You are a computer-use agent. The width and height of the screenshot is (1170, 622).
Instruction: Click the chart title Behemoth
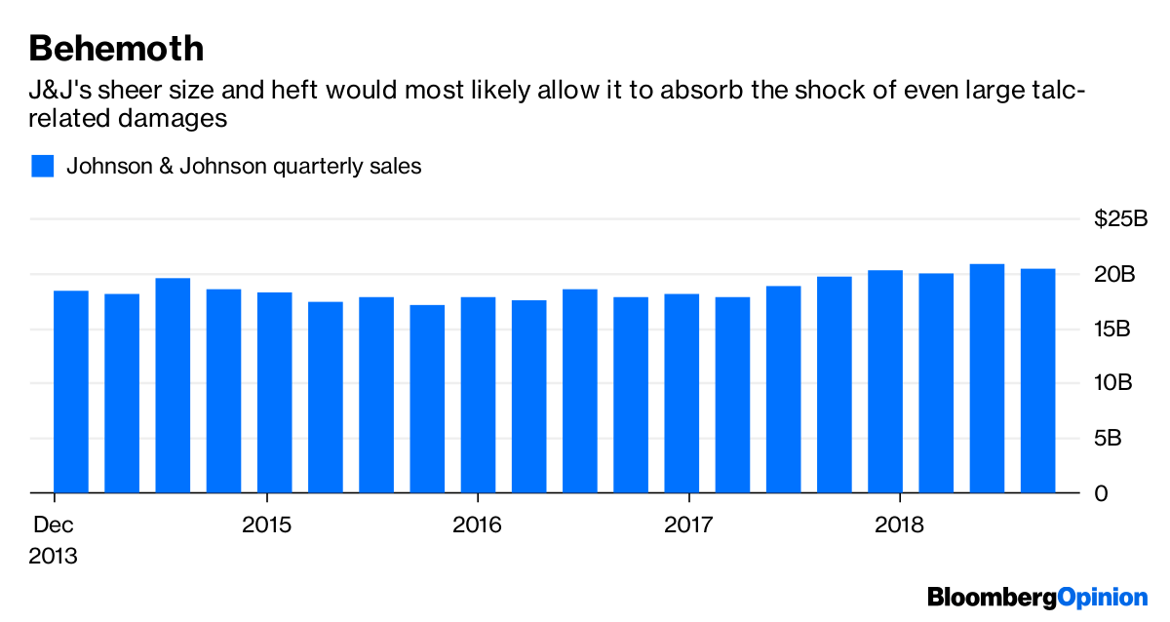(116, 48)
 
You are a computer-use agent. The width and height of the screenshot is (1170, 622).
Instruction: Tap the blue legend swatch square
(43, 166)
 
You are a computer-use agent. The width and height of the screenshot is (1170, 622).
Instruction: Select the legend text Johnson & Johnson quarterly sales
(244, 166)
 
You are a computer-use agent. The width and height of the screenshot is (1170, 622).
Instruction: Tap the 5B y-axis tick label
(1110, 439)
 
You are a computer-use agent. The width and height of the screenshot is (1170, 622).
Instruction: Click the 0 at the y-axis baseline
(1101, 493)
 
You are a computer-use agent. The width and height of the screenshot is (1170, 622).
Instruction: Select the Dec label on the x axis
(54, 525)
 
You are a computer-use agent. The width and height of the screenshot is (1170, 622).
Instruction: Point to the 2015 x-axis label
(266, 525)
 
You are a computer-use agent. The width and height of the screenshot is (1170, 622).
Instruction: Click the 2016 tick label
(478, 525)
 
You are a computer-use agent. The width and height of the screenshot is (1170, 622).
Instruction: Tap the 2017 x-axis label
(688, 525)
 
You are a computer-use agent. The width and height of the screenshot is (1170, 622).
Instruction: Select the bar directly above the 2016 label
(478, 394)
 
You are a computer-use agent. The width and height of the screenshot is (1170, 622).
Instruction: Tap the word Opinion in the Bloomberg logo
(1104, 596)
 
